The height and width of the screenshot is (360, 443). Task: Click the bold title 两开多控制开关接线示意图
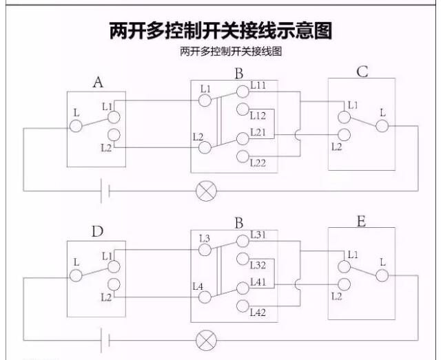tap(221, 32)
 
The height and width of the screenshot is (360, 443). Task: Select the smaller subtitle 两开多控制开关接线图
tap(221, 52)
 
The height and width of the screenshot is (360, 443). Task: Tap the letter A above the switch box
tap(99, 83)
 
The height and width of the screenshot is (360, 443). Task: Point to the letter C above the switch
tap(362, 72)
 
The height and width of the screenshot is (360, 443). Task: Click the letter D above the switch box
tap(97, 231)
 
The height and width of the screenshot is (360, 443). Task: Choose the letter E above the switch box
tap(362, 221)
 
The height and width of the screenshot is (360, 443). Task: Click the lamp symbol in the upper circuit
tap(205, 191)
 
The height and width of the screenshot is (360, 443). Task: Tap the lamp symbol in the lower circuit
tap(205, 339)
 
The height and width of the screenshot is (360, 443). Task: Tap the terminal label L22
tap(258, 162)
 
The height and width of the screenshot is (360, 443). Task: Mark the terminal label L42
tap(258, 312)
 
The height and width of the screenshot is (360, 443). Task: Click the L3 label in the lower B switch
tap(204, 239)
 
